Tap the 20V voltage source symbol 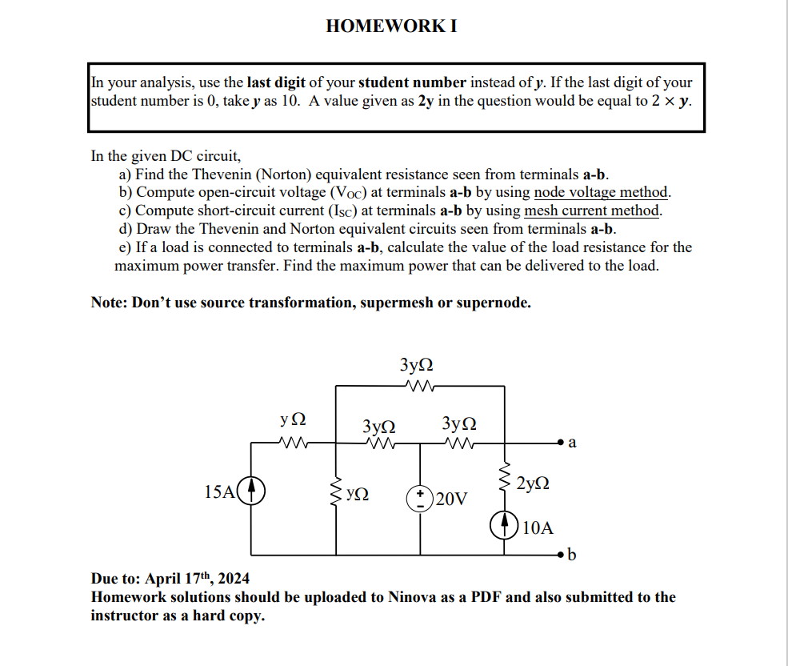[x=420, y=499]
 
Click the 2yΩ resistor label [x=533, y=483]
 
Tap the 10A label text [x=537, y=528]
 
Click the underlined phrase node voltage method [x=601, y=192]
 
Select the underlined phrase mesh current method [x=593, y=211]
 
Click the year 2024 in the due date [x=232, y=579]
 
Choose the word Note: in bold [x=110, y=303]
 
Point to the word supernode [x=496, y=303]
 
